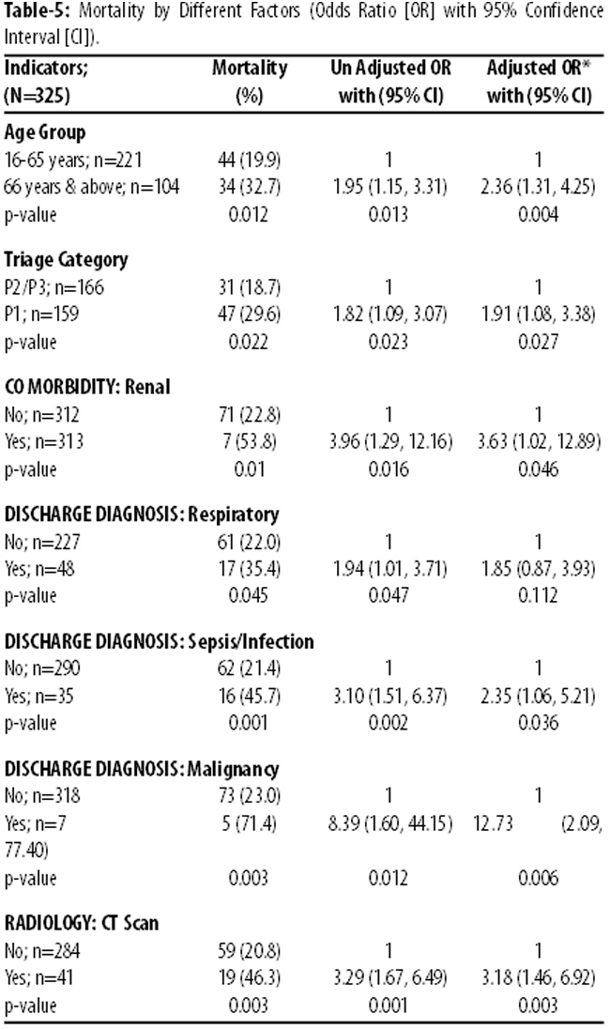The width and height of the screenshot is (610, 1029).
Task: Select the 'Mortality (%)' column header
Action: coord(250,82)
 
